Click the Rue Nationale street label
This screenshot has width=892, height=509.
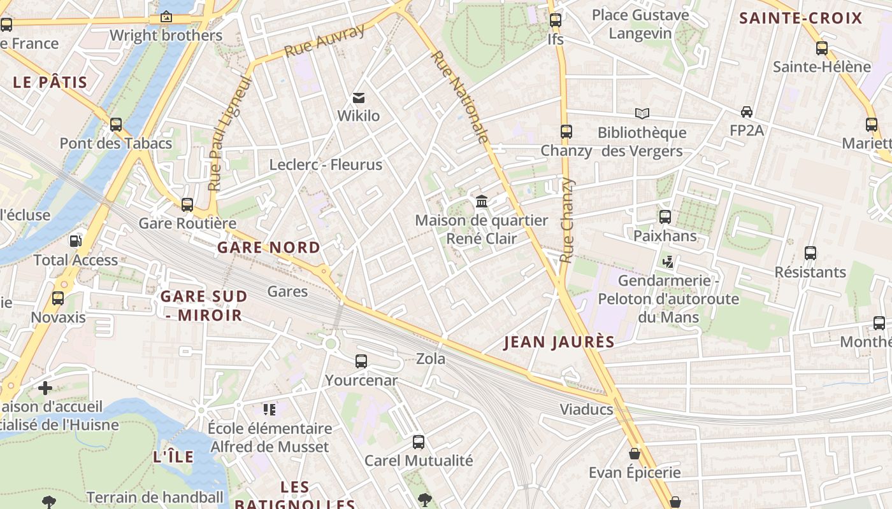(459, 97)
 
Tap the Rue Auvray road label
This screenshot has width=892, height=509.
(324, 41)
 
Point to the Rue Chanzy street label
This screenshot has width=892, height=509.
(566, 220)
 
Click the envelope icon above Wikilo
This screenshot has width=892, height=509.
(359, 98)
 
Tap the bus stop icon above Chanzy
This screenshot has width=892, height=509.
(566, 132)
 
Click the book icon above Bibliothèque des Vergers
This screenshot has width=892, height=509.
(642, 114)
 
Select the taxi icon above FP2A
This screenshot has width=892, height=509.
(747, 112)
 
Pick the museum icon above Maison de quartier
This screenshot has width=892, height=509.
(482, 202)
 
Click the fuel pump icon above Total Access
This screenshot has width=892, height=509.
(75, 241)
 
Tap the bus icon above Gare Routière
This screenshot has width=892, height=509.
(187, 205)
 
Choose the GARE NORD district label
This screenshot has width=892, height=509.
(269, 248)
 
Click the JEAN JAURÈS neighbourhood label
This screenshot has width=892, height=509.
(559, 342)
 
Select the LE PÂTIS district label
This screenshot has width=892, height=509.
(50, 82)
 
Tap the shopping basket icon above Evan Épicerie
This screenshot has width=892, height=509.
(635, 454)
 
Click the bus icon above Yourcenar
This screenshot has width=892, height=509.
(361, 361)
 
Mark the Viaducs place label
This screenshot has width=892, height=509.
(586, 409)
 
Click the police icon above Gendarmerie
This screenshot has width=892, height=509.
(668, 261)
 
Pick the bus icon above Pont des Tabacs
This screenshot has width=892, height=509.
(116, 125)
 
